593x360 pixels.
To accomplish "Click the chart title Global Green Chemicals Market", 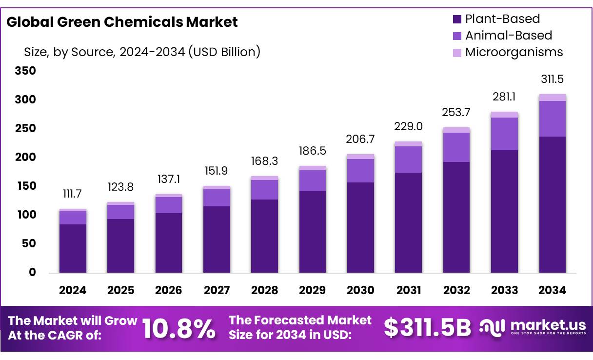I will [122, 22].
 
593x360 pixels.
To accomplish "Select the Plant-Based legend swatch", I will [457, 20].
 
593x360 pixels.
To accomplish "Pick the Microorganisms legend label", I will [514, 52].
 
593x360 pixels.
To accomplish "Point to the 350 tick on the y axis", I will [25, 71].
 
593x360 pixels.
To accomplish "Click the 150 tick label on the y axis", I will [25, 186].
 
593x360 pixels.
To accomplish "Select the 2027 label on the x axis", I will [217, 291].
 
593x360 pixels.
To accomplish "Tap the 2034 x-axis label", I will [552, 291].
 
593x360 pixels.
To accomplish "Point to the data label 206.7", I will [360, 140].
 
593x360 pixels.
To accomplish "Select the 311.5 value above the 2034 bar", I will [553, 80].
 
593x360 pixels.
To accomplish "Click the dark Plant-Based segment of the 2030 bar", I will [360, 227].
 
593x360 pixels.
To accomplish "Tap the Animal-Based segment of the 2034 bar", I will [553, 119].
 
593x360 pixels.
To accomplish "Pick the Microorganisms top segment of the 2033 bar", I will [504, 115].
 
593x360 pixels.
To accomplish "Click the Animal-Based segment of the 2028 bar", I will [264, 190].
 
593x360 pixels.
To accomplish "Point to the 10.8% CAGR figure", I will [178, 329].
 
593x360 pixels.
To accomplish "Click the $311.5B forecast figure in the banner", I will [427, 328].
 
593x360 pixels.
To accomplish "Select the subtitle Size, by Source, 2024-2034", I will [142, 52].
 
